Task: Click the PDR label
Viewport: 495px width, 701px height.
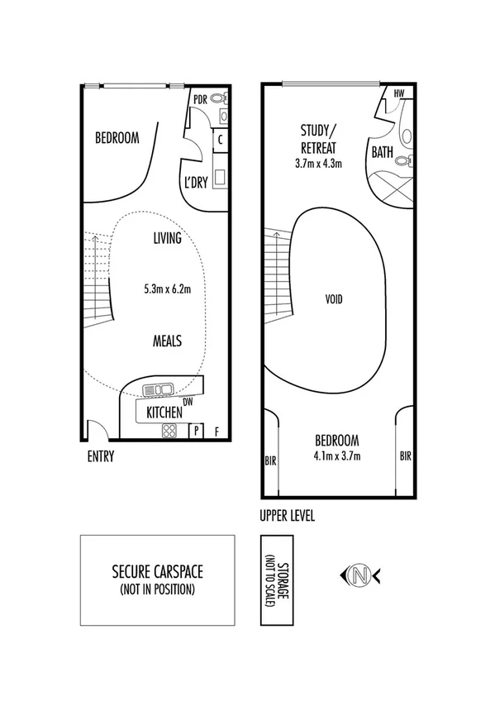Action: point(199,99)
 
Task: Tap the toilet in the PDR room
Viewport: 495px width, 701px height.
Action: point(218,99)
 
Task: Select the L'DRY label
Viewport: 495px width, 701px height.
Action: point(196,183)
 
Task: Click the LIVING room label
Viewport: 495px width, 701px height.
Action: point(167,239)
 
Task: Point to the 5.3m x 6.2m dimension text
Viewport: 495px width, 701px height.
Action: point(167,289)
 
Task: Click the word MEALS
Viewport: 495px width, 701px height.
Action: point(167,341)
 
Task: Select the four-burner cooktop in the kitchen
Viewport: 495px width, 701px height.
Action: point(169,430)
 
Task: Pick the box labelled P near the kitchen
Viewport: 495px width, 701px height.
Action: point(197,431)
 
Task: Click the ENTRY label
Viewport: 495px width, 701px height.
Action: point(100,456)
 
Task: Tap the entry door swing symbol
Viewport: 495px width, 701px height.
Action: point(96,430)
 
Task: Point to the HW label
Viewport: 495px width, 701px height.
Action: point(399,94)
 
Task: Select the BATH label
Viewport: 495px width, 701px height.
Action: point(382,153)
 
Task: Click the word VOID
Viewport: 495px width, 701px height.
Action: point(334,298)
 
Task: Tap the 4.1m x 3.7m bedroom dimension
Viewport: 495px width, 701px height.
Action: point(337,455)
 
